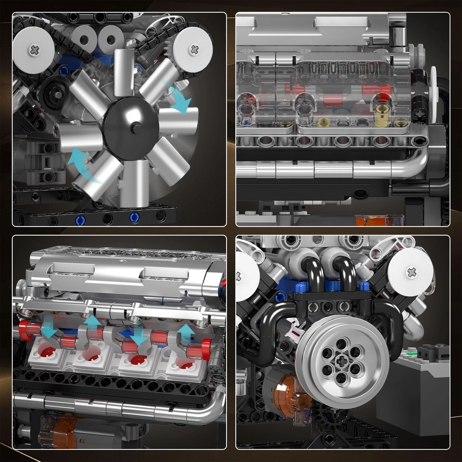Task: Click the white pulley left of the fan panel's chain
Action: click(x=33, y=49)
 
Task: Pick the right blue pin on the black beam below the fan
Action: click(x=134, y=217)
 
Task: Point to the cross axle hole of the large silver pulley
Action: click(x=342, y=363)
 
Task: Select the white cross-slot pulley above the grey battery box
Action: click(x=410, y=272)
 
